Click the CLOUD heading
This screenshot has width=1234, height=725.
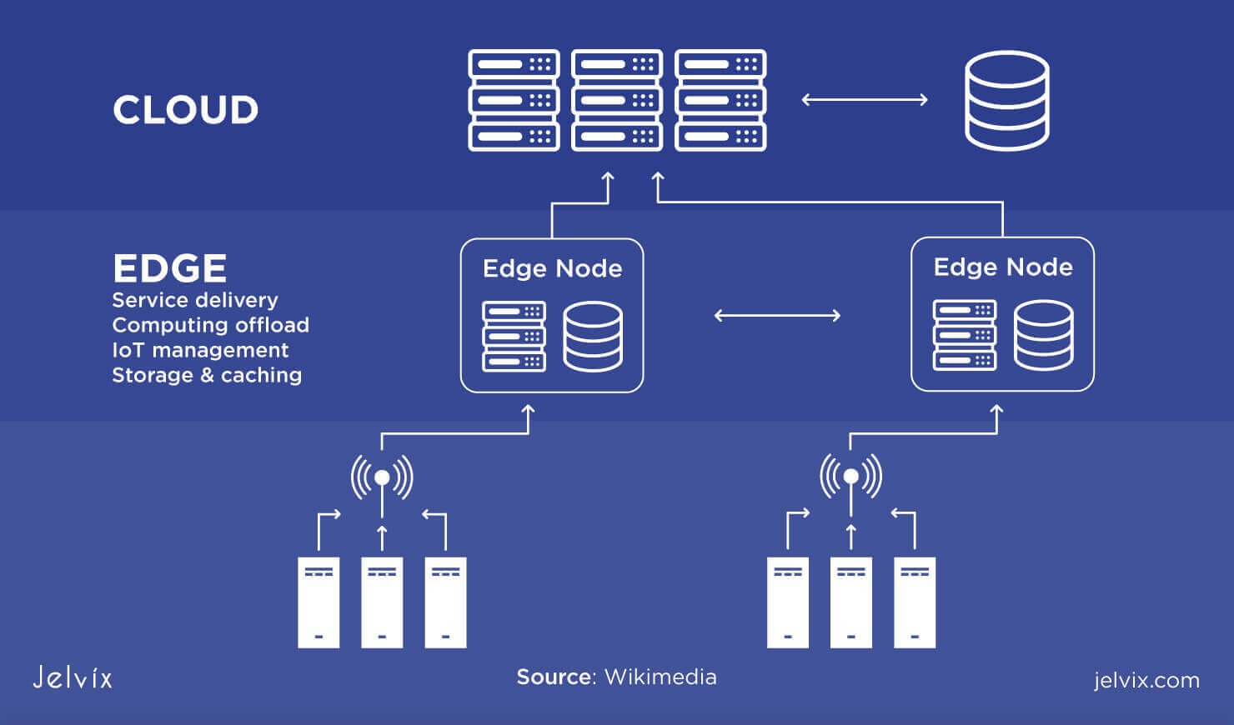pos(185,110)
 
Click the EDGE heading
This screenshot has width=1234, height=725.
pos(169,268)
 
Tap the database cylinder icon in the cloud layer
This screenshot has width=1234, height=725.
pos(1006,101)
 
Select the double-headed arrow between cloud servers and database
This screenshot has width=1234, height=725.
pos(864,100)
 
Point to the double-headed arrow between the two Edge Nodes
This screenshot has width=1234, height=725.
pos(777,316)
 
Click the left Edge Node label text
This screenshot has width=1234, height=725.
pos(552,268)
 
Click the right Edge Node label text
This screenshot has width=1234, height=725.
pos(1002,267)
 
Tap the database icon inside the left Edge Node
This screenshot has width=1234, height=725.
pos(592,337)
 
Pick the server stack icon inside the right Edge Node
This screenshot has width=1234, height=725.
pos(964,335)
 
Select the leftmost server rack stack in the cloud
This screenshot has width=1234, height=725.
pos(514,100)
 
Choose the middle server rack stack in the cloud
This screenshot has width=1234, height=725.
pos(616,100)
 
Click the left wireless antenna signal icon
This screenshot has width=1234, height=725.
pos(382,477)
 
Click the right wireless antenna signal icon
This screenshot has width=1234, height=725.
pos(850,477)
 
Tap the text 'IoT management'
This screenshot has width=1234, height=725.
pos(200,350)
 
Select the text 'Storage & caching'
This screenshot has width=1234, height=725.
pos(207,375)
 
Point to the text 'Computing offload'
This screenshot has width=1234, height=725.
pos(210,325)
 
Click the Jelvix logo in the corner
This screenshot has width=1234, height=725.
pos(73,677)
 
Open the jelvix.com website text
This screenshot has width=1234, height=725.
pos(1146,680)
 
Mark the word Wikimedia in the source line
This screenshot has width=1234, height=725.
pos(660,677)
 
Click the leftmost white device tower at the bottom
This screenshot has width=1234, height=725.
pos(319,602)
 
